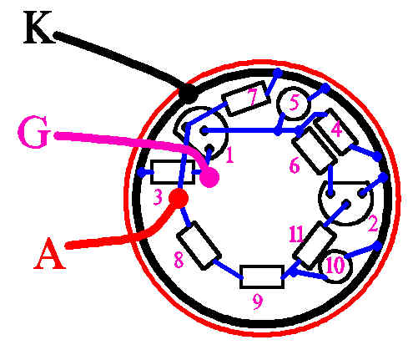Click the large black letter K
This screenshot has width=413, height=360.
39,28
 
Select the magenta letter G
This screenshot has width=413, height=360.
33,132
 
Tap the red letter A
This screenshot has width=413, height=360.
50,253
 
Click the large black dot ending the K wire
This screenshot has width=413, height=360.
189,93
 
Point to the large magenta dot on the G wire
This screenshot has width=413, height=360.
209,177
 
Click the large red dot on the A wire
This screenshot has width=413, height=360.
179,198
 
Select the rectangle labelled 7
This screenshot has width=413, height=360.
246,99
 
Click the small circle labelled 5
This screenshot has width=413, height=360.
293,104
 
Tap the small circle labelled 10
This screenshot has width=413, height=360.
335,266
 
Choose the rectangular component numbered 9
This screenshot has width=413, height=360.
262,276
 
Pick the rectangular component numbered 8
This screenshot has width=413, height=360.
199,246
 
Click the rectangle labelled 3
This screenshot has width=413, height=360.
173,172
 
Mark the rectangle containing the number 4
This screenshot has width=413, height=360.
335,131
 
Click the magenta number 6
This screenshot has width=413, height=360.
295,165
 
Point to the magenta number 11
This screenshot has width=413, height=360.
295,235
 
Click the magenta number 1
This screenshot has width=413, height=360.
229,155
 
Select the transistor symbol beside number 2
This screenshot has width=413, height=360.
345,203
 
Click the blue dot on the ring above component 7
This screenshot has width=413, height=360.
277,73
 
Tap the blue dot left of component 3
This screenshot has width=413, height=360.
142,173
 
